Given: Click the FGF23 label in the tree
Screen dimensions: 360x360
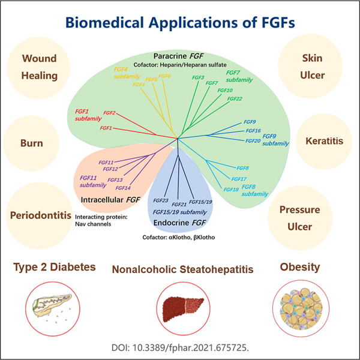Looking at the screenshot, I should pyautogui.click(x=160, y=200).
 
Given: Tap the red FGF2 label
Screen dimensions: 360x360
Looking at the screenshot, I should pyautogui.click(x=109, y=113).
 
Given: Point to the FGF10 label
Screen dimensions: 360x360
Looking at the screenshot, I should pyautogui.click(x=225, y=90).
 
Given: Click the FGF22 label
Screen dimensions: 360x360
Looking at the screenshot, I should pyautogui.click(x=235, y=98).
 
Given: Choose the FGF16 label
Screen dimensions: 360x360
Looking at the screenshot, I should pyautogui.click(x=253, y=130).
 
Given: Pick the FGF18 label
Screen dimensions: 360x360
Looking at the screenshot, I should pyautogui.click(x=232, y=189).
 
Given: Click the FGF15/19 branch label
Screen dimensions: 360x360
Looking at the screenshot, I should pyautogui.click(x=200, y=202).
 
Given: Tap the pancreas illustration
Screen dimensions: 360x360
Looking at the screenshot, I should pyautogui.click(x=51, y=302).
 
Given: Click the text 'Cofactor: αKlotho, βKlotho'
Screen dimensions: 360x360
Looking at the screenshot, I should pyautogui.click(x=181, y=238).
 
